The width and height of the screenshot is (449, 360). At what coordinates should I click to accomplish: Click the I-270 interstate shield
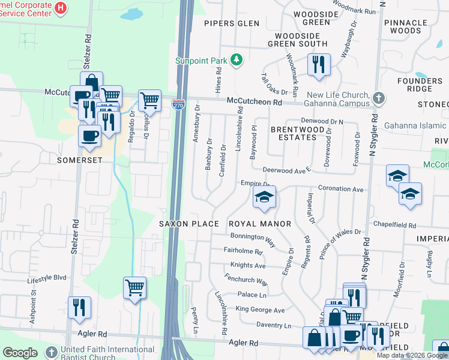pos(178,104)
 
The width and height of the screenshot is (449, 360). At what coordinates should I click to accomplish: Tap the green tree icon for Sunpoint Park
pos(237,59)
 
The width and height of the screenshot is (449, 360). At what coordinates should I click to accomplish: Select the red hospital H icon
pos(60,8)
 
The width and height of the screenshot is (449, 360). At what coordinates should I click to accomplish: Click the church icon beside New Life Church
pos(378,97)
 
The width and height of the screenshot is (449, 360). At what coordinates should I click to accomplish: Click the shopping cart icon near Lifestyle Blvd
pos(134,287)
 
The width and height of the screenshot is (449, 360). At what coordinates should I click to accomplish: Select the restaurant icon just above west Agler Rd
pos(79,307)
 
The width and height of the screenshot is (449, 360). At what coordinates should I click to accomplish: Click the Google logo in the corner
pos(20,352)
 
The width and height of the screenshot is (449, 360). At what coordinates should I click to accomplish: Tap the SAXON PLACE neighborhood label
pos(188,224)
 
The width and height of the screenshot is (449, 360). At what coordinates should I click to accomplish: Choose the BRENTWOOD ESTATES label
pos(294,133)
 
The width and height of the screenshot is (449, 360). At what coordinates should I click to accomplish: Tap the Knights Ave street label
pos(247,265)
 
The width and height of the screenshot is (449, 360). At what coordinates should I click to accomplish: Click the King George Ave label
pos(260,310)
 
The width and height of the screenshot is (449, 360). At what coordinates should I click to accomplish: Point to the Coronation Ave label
pos(341,189)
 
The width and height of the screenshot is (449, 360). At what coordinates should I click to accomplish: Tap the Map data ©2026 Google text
pos(412,355)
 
